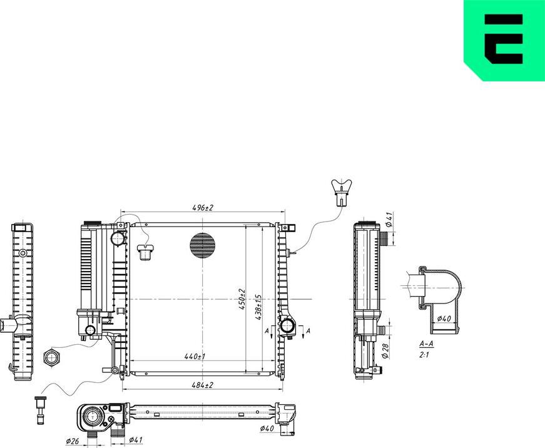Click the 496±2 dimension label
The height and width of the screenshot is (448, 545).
point(202,208)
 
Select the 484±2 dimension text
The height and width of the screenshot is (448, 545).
point(202,385)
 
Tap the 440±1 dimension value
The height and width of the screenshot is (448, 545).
point(195,356)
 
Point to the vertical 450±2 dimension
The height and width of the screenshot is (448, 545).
point(242,299)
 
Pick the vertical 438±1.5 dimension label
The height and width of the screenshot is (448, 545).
point(258,307)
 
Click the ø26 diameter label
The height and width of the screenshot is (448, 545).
point(73,441)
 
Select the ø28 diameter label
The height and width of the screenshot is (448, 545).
point(385,351)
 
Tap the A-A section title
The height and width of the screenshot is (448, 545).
point(426,344)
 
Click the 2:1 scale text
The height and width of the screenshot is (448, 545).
point(424,355)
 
